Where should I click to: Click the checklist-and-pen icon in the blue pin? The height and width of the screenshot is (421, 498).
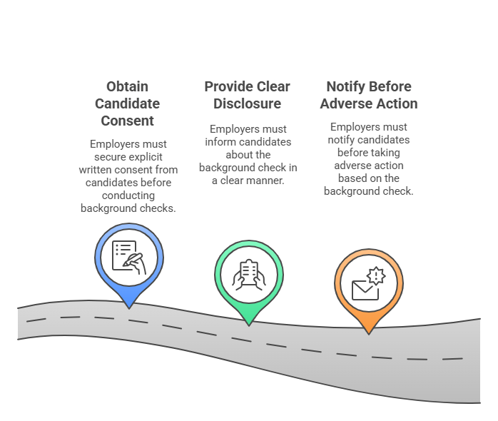[x=128, y=257]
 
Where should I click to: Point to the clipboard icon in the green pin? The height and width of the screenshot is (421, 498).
[x=248, y=274]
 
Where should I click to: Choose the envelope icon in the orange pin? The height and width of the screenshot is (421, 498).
[x=365, y=288]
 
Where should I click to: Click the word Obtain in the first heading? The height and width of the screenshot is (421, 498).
[x=128, y=87]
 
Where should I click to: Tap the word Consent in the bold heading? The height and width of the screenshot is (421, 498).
[x=128, y=121]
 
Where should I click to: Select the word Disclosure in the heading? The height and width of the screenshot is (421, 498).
[x=247, y=104]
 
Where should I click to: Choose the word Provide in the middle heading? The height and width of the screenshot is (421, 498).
[x=228, y=87]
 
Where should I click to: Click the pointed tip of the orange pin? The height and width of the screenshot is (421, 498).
[x=368, y=332]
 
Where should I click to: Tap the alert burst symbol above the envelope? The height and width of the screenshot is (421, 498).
[x=376, y=275]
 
